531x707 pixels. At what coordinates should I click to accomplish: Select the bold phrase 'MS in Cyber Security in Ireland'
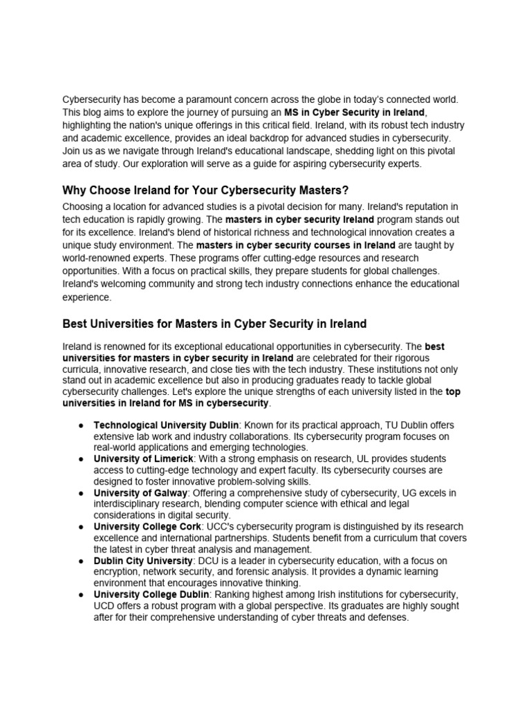pyautogui.click(x=355, y=113)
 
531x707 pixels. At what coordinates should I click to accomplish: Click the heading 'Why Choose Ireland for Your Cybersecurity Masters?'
pyautogui.click(x=206, y=191)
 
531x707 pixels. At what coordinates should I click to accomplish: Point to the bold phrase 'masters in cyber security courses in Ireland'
pyautogui.click(x=296, y=245)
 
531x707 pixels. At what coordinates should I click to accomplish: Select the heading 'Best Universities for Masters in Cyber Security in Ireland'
pyautogui.click(x=214, y=323)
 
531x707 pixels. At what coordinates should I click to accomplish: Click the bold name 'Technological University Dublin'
pyautogui.click(x=166, y=425)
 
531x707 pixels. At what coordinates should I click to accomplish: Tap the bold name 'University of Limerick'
pyautogui.click(x=144, y=459)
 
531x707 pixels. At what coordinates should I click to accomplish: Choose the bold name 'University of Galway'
pyautogui.click(x=140, y=493)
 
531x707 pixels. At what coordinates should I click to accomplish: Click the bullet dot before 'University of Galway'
pyautogui.click(x=80, y=493)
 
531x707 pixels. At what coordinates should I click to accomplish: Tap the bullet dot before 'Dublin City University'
pyautogui.click(x=80, y=561)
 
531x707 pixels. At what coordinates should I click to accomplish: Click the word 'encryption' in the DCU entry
pyautogui.click(x=119, y=572)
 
